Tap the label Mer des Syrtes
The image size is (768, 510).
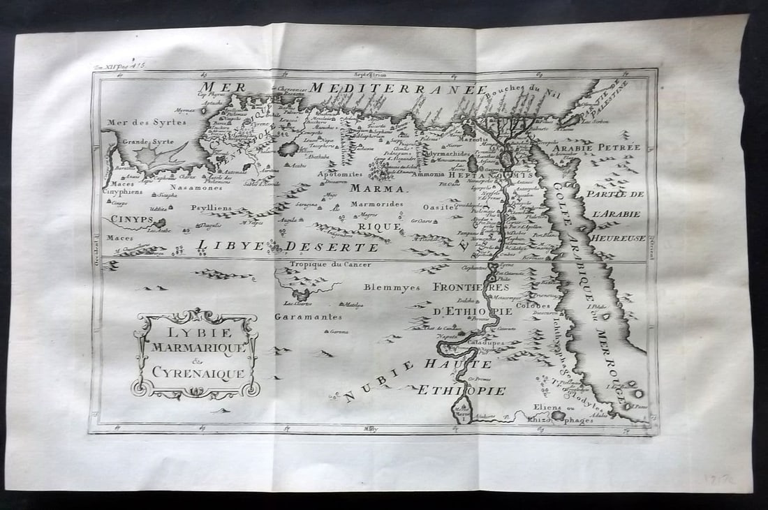[137, 123]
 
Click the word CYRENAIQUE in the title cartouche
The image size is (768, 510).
[196, 373]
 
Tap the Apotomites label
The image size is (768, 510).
[340, 174]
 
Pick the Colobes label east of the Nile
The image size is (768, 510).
[534, 306]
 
